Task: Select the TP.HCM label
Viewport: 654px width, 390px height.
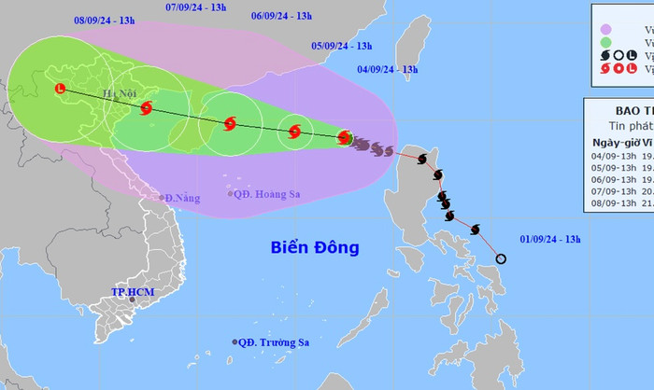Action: [x=131, y=293]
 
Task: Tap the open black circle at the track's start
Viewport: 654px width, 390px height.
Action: [x=501, y=258]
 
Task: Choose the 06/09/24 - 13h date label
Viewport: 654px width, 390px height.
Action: [x=281, y=16]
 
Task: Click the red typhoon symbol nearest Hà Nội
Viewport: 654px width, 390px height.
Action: [x=147, y=108]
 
